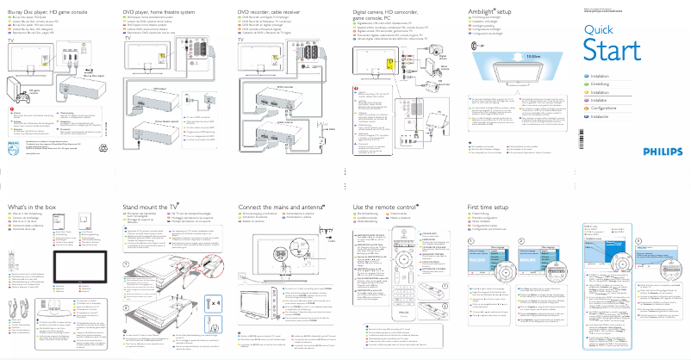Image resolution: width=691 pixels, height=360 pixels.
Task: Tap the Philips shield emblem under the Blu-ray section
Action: pos(11,147)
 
